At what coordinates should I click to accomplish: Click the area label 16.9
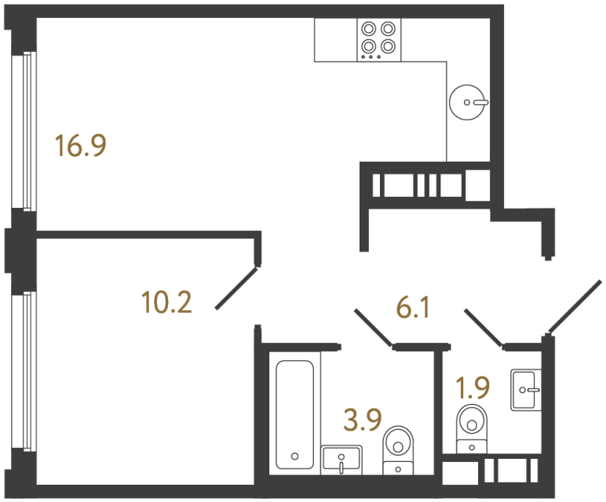coord(80,146)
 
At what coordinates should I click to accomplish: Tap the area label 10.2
coord(167,301)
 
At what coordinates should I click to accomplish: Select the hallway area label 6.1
coord(412,310)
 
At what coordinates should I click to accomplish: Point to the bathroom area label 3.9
coord(363,420)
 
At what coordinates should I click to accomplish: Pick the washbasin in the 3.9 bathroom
coord(342,458)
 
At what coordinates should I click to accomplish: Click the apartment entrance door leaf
coord(575,306)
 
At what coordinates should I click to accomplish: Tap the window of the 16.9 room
coord(27,130)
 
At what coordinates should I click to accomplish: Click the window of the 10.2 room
coord(27,373)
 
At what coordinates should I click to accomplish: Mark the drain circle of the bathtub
coord(294,456)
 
